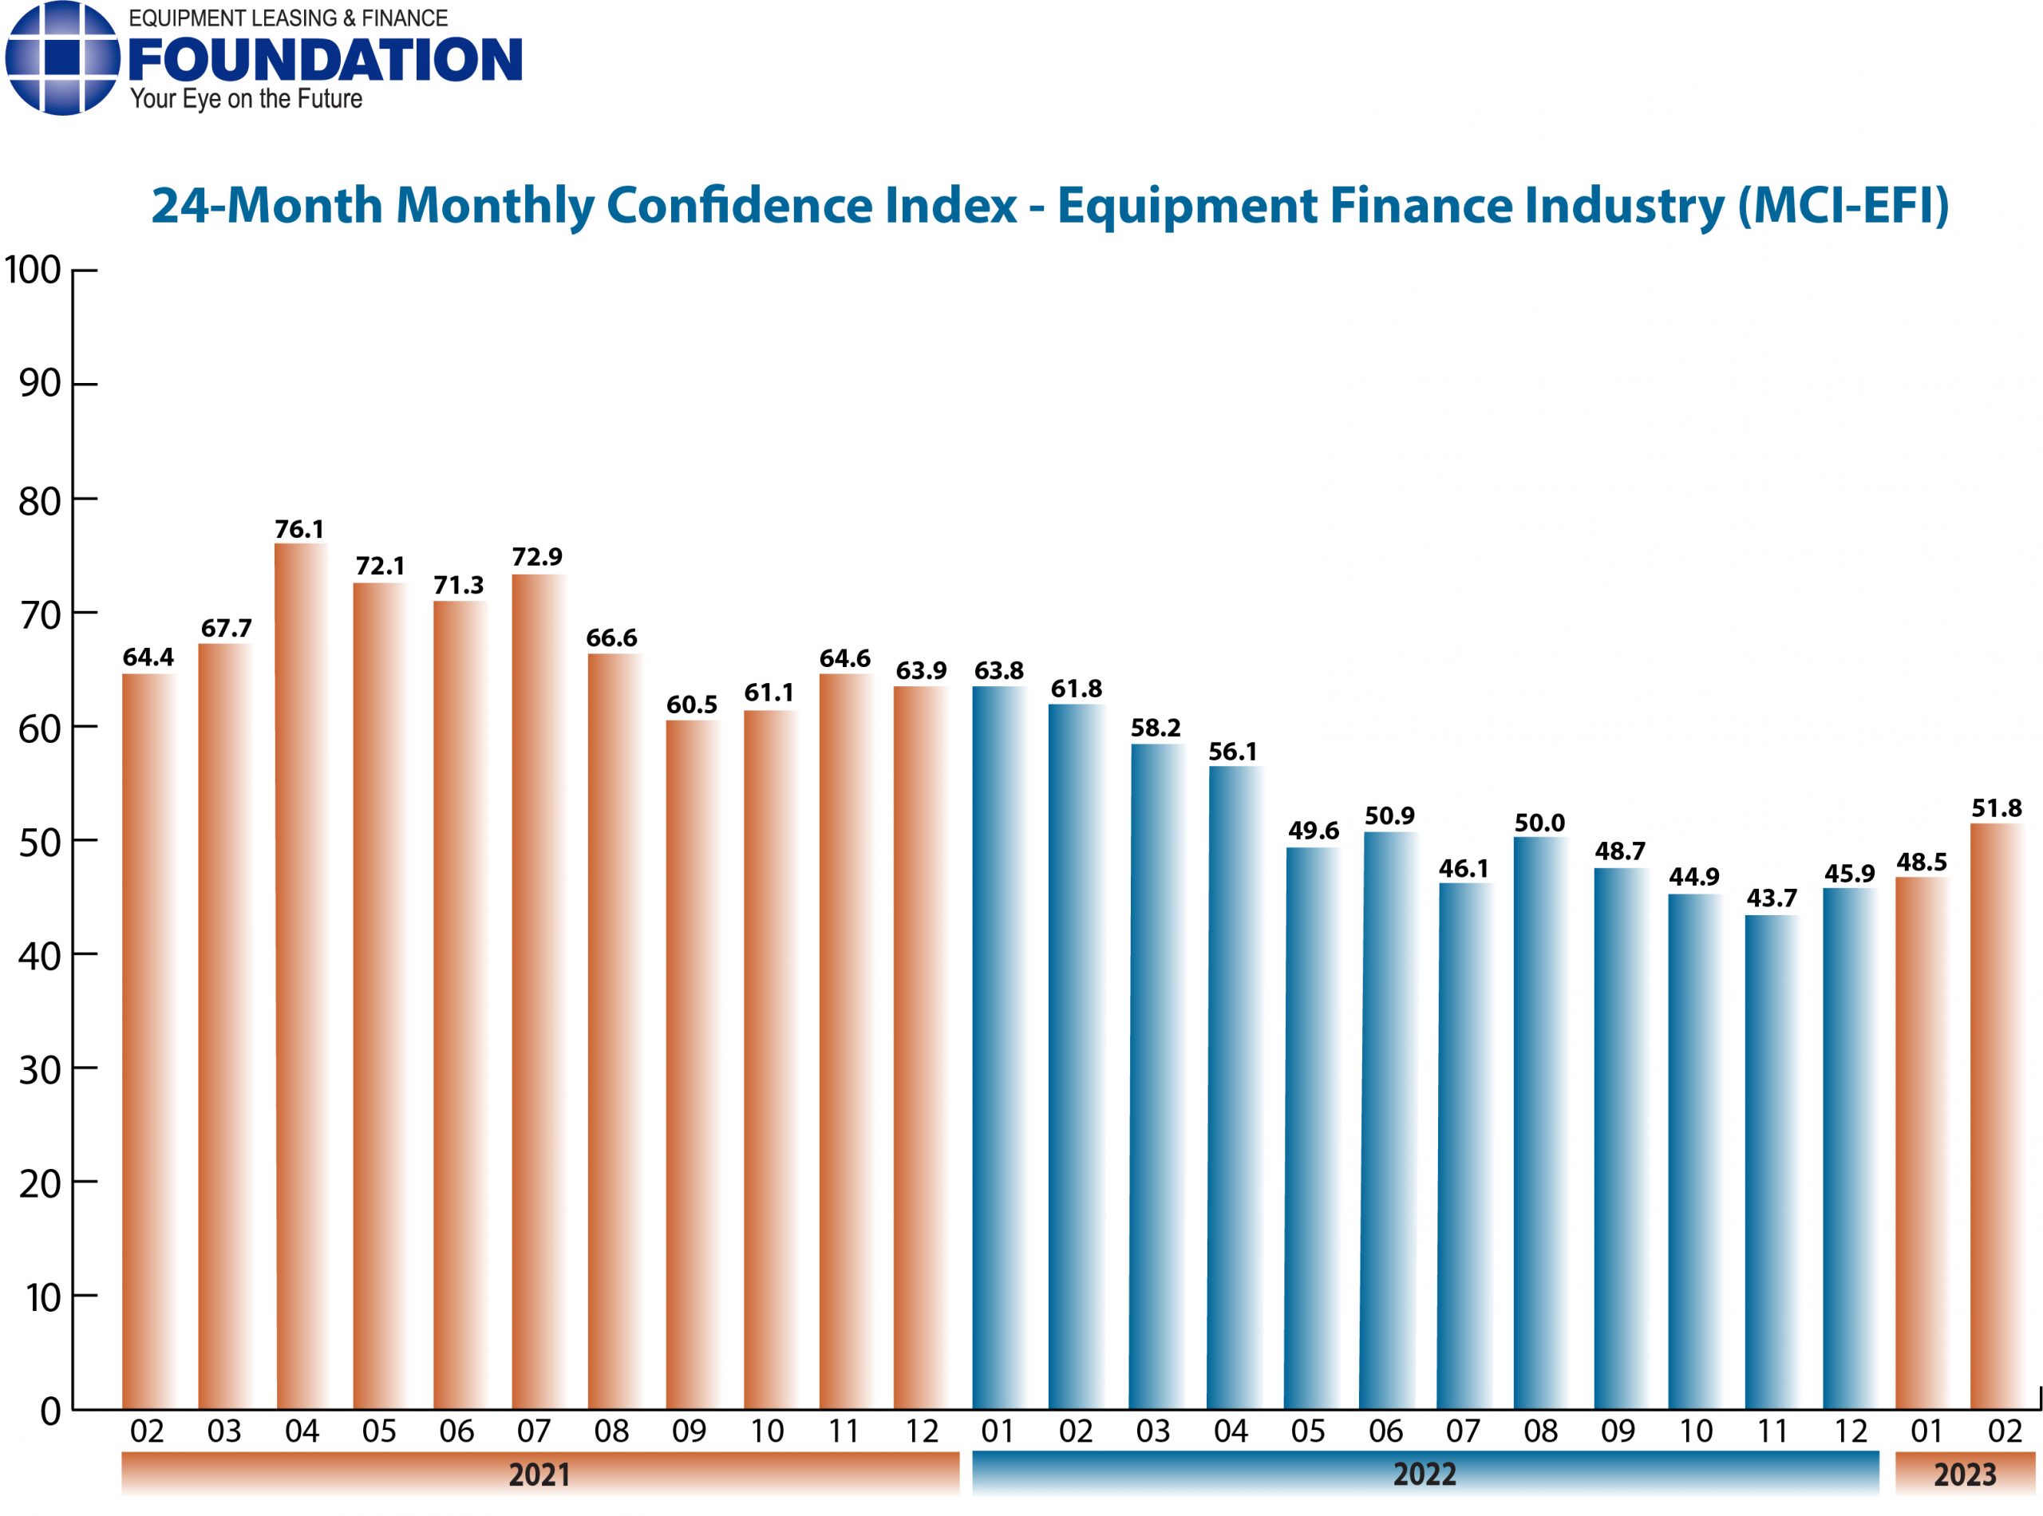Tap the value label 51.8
click(1996, 808)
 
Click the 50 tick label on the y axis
click(39, 843)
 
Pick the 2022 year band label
click(1424, 1475)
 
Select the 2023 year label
click(1964, 1475)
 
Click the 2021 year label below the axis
click(539, 1475)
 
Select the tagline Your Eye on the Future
click(246, 99)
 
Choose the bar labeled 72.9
click(538, 991)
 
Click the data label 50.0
click(1539, 823)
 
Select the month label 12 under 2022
click(1849, 1431)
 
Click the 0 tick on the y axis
click(50, 1411)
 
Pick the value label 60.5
click(691, 705)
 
